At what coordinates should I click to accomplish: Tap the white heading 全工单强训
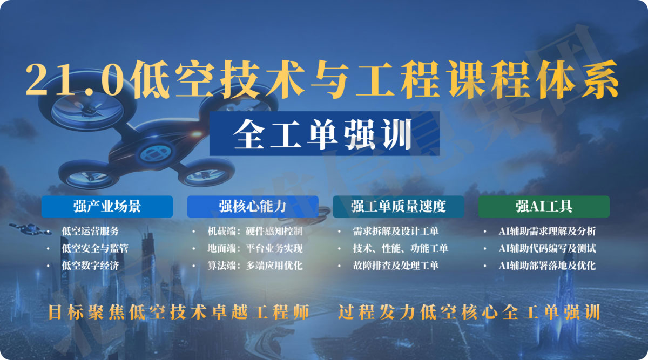coord(323,133)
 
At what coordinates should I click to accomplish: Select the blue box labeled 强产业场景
coord(107,206)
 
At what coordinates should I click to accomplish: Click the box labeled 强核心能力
coord(252,206)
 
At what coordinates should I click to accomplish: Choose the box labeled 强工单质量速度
coord(399,206)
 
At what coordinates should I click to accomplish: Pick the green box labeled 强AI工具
coord(544,206)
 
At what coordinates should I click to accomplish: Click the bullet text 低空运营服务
coord(90,232)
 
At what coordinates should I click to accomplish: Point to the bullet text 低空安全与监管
coord(94,249)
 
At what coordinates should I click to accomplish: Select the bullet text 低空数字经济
coord(90,266)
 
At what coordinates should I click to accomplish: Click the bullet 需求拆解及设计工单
coord(395,232)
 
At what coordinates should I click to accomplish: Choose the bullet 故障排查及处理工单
coord(395,266)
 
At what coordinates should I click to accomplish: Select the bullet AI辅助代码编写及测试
coord(547,249)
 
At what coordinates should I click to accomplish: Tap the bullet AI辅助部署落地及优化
coord(547,266)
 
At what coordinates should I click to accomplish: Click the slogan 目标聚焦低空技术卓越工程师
coord(179,313)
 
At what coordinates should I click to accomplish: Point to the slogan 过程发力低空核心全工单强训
coord(469,313)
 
